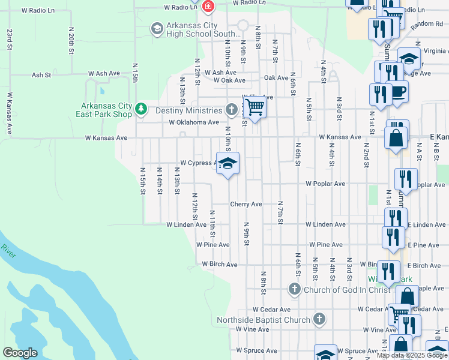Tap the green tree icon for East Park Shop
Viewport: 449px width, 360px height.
click(x=141, y=109)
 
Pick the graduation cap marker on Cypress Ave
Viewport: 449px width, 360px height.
click(x=228, y=163)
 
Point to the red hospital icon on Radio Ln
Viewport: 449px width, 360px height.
click(x=208, y=7)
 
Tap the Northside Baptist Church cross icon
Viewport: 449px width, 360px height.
click(x=319, y=319)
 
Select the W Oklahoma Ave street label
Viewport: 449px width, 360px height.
click(x=194, y=122)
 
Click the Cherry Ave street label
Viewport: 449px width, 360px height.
click(x=247, y=205)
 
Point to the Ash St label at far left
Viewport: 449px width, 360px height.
click(x=41, y=75)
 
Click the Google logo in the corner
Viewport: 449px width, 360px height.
click(x=20, y=352)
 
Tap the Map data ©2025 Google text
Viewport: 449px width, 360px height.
click(x=411, y=355)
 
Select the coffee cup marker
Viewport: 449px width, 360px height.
click(x=399, y=91)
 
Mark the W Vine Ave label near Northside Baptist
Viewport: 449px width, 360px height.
click(x=252, y=329)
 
